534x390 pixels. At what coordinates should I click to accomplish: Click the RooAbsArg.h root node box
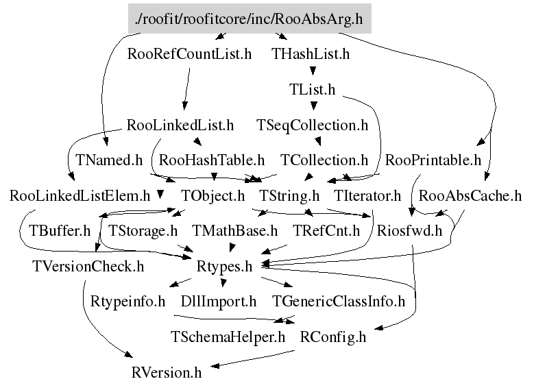250,19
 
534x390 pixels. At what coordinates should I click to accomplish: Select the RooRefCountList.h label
189,54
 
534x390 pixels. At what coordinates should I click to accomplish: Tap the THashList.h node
311,54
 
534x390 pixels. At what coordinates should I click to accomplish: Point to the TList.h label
313,90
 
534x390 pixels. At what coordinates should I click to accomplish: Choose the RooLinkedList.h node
180,125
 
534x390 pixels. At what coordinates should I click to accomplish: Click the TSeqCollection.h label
313,125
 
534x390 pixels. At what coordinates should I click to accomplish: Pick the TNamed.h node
108,160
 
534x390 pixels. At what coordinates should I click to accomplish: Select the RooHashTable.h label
212,160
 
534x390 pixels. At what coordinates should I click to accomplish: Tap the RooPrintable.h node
433,160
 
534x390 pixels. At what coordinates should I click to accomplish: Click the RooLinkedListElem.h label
80,196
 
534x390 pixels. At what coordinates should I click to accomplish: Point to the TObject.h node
213,196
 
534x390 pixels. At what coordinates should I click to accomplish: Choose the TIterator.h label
367,196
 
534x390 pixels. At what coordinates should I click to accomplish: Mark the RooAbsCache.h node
470,196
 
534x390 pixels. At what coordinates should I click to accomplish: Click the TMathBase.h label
234,231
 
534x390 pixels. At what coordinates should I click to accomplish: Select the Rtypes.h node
224,267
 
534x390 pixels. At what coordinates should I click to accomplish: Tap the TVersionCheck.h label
88,267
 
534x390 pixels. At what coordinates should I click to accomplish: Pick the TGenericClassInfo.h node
339,302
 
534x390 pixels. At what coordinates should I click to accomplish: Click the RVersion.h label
167,373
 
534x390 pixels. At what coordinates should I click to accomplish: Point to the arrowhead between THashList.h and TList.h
313,71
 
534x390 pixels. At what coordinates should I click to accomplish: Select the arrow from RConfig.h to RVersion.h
252,358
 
